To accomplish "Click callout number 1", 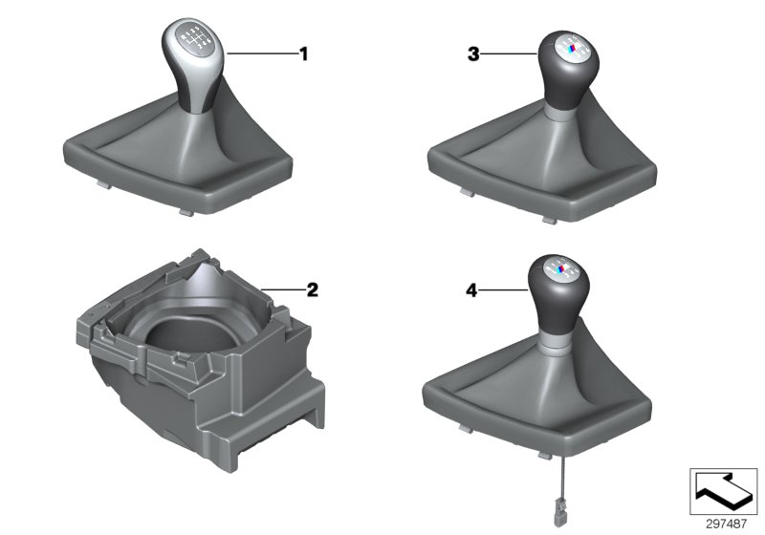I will coord(304,54).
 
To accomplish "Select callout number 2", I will coord(312,289).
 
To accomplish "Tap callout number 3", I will coord(472,55).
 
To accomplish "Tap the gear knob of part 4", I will coord(559,290).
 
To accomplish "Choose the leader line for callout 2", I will coord(281,289).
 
